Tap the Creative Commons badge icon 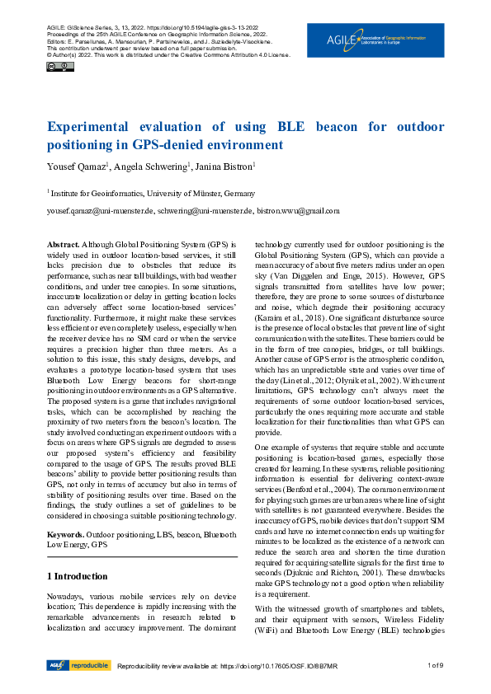coord(54,66)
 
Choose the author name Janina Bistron coord(225,167)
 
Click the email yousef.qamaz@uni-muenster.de coord(101,211)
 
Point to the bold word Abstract coord(63,245)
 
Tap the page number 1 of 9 coord(435,666)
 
